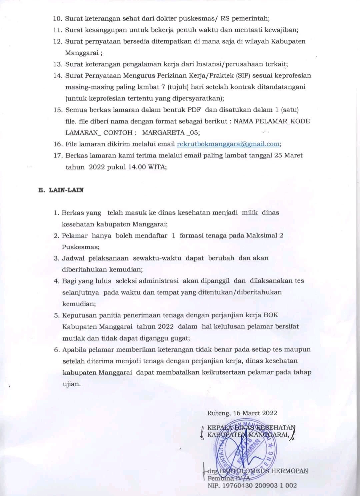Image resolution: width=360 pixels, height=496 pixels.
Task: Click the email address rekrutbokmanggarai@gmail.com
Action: click(228, 144)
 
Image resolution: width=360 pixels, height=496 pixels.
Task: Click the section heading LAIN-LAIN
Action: click(66, 190)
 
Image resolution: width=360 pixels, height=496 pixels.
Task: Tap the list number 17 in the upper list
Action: click(58, 155)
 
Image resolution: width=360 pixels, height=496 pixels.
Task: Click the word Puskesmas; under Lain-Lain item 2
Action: click(81, 247)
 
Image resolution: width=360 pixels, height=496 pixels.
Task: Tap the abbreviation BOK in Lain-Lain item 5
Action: click(271, 315)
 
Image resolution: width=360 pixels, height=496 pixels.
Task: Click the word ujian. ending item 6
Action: click(72, 384)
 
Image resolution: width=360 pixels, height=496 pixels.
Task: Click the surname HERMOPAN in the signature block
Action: click(290, 471)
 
